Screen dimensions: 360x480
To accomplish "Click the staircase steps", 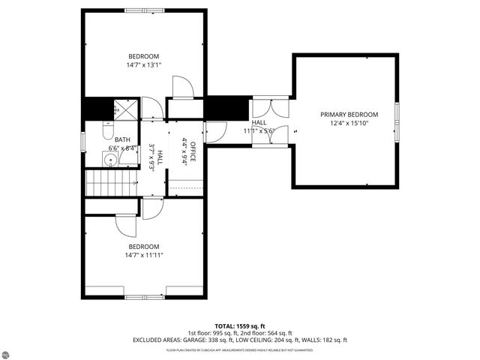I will (109, 181).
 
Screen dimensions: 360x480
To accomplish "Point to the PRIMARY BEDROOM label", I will (349, 115).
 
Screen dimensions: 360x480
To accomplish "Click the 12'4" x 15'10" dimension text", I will (349, 124).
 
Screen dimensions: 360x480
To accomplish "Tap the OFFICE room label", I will (193, 152).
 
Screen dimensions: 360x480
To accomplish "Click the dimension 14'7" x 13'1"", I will (144, 65).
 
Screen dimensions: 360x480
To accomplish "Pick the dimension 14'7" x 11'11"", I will (144, 255).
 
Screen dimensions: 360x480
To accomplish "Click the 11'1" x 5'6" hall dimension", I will (260, 130).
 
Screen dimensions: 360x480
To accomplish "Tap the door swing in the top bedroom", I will (182, 88).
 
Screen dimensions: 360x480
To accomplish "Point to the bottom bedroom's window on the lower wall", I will (144, 297).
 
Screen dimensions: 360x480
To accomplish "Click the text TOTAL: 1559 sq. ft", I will (240, 326).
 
